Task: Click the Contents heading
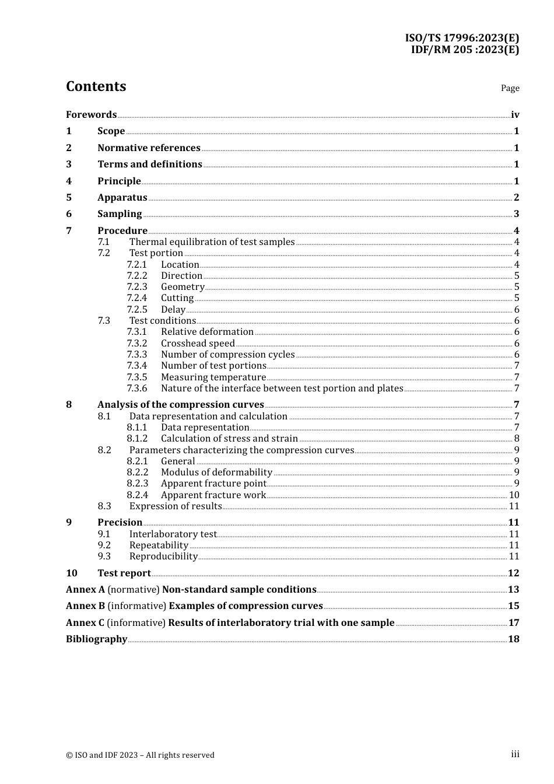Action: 96,86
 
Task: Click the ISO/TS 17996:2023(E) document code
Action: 462,38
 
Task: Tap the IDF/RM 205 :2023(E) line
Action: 465,50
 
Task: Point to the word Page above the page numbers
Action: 510,88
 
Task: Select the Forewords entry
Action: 91,114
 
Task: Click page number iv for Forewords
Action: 515,114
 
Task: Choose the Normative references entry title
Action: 149,148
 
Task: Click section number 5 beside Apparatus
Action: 69,197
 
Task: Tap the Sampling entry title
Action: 120,213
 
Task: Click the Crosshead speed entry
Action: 198,343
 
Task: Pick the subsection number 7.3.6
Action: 137,388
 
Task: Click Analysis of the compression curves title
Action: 180,404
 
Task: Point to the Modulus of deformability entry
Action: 216,472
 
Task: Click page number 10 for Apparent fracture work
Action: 514,495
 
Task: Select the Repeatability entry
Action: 159,545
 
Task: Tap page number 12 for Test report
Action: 513,573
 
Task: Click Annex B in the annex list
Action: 85,605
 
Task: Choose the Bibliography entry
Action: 96,639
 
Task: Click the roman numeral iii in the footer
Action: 515,754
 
